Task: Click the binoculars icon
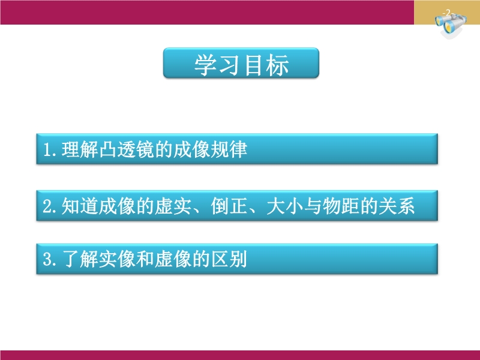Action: pyautogui.click(x=451, y=25)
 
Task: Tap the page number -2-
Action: pyautogui.click(x=448, y=13)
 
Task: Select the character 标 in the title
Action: pyautogui.click(x=277, y=65)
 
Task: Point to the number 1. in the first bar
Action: pyautogui.click(x=50, y=149)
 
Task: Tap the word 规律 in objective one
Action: pyautogui.click(x=229, y=149)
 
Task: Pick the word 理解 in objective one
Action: pyautogui.click(x=80, y=149)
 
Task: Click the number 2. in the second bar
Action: pyautogui.click(x=50, y=206)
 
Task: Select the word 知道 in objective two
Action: pyautogui.click(x=80, y=206)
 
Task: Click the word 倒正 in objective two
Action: pyautogui.click(x=229, y=206)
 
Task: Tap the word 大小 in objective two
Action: pyautogui.click(x=285, y=206)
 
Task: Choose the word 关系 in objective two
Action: pyautogui.click(x=397, y=206)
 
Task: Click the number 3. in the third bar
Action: pyautogui.click(x=50, y=259)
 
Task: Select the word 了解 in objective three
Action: pyautogui.click(x=80, y=259)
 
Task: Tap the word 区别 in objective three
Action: pyautogui.click(x=229, y=259)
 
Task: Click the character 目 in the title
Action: pyautogui.click(x=254, y=65)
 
